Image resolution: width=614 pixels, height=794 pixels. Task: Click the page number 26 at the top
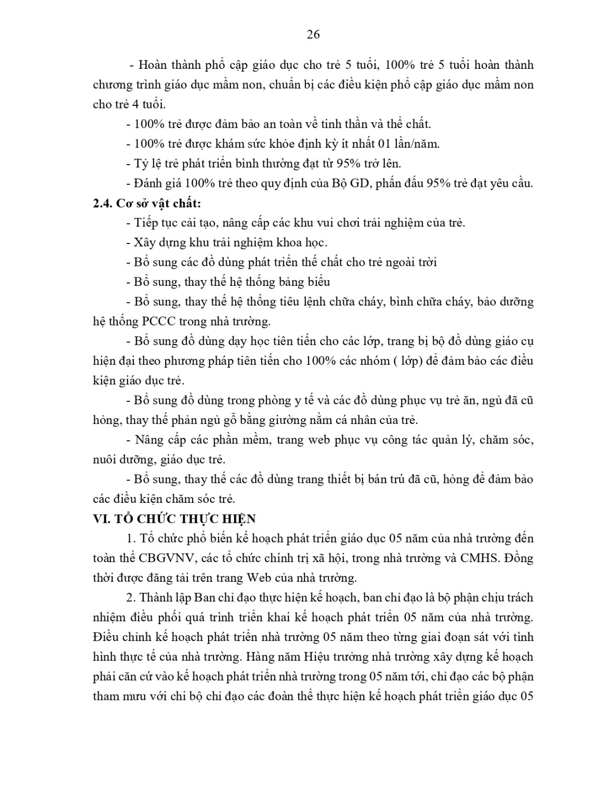[313, 35]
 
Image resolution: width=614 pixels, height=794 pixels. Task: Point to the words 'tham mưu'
[116, 697]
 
